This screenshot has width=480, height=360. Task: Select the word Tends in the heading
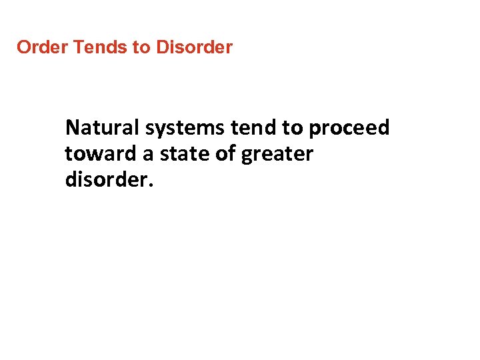[x=94, y=48]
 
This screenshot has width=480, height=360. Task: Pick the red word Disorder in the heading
[x=194, y=48]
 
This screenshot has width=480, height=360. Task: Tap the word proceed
[x=349, y=128]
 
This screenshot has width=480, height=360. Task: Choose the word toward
[x=100, y=154]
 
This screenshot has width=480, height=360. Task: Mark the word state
[x=181, y=154]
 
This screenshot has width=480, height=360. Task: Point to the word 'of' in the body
[x=225, y=154]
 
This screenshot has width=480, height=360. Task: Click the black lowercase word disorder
[x=107, y=181]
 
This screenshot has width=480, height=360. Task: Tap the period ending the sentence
[x=151, y=186]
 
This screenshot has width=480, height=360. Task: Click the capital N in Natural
[x=73, y=127]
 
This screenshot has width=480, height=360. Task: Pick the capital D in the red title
[x=162, y=48]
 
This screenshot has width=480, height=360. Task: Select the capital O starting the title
[x=23, y=48]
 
